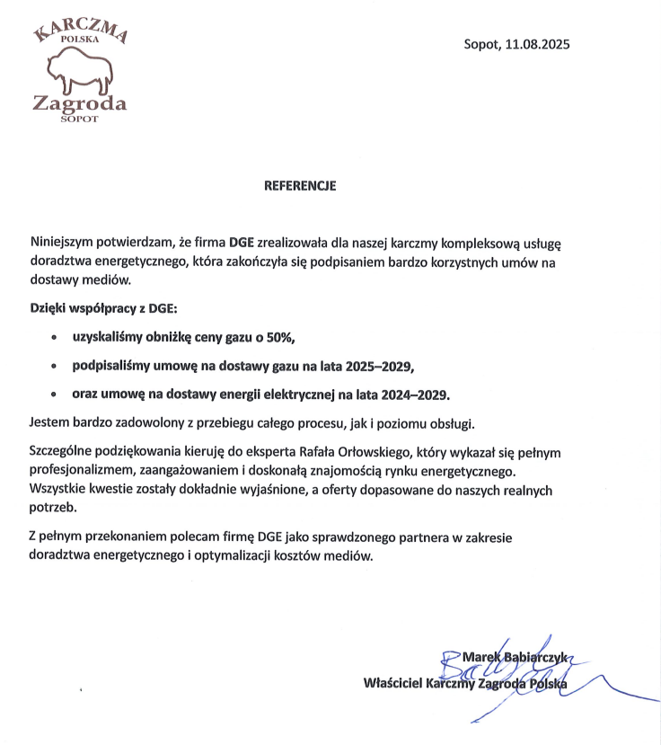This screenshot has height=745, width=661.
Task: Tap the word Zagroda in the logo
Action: (x=79, y=103)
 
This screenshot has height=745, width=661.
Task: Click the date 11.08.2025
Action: (x=538, y=44)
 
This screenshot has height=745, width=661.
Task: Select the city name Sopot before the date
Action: (x=481, y=44)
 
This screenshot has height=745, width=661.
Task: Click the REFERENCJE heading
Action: (x=299, y=187)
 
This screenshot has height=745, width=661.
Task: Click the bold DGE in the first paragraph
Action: (x=242, y=243)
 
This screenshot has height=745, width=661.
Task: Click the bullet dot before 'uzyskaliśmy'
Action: (x=55, y=338)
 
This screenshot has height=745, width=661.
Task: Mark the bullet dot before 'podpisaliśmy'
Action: (x=55, y=367)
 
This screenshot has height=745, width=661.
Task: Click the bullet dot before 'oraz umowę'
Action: (x=55, y=395)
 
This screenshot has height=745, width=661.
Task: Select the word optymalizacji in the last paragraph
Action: (x=224, y=555)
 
